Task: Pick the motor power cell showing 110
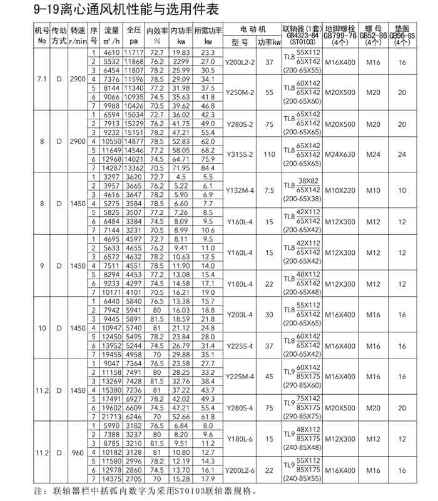pyautogui.click(x=270, y=154)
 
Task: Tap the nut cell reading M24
pyautogui.click(x=374, y=154)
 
